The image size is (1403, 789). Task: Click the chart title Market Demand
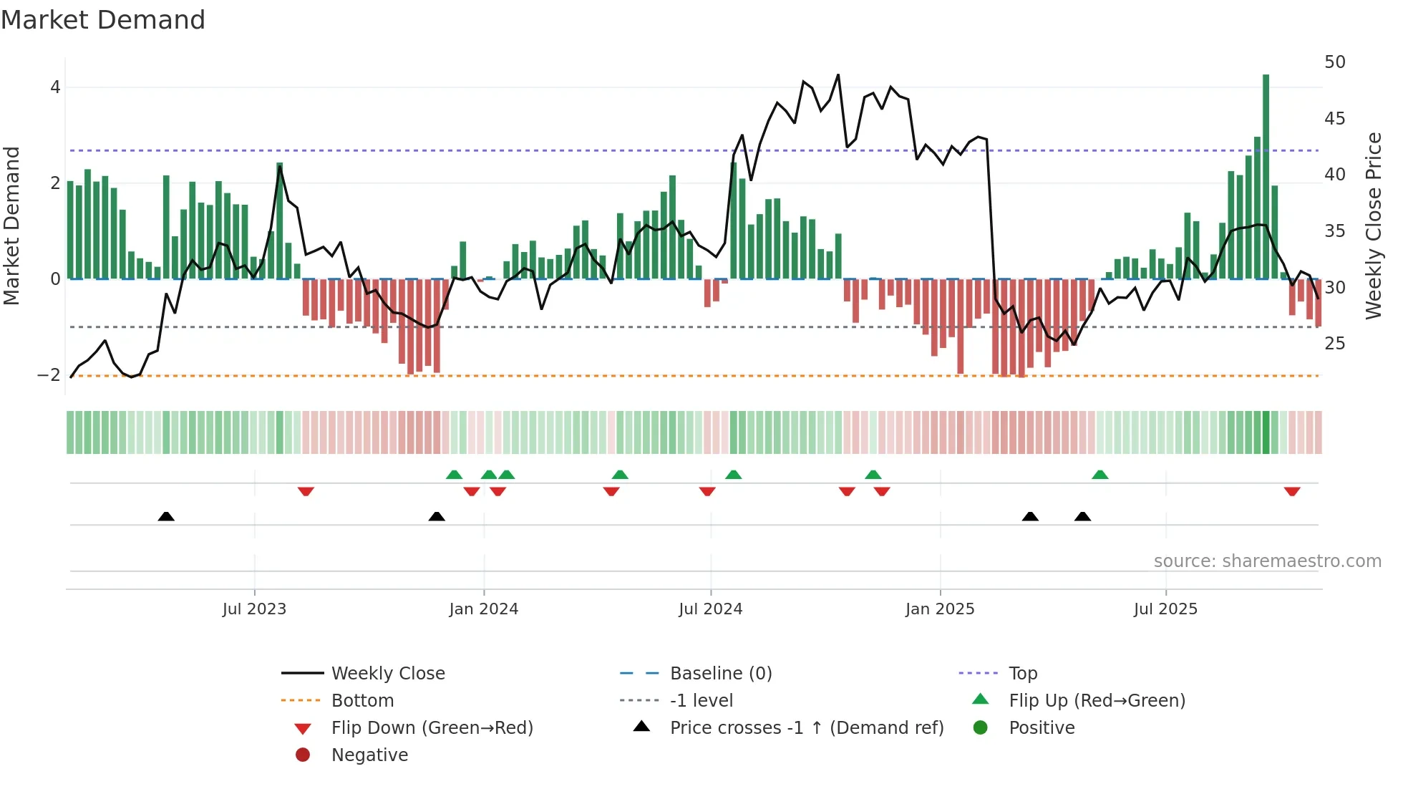coord(103,20)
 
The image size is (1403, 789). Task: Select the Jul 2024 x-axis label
coord(710,609)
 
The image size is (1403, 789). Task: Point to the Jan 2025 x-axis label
coord(939,609)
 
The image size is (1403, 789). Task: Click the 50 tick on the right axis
coord(1334,62)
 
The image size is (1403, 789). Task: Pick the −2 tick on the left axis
coord(49,375)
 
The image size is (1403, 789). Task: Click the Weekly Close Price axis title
coord(1373,226)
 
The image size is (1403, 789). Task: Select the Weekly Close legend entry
coord(387,674)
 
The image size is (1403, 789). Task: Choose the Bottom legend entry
coord(362,701)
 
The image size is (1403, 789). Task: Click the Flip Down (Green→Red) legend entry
coord(432,728)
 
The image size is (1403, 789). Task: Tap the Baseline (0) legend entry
coord(720,674)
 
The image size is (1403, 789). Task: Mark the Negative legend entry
coord(369,755)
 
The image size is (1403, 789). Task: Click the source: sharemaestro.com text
coord(1267,561)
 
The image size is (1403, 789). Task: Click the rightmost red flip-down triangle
coord(1291,491)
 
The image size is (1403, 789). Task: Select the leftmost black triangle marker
coord(166,516)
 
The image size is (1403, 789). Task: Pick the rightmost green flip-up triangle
coord(1099,475)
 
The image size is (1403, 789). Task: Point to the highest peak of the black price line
coord(838,74)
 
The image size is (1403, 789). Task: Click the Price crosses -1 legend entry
coord(806,728)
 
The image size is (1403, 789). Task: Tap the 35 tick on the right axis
coord(1334,231)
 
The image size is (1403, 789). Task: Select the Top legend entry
coord(1022,674)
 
